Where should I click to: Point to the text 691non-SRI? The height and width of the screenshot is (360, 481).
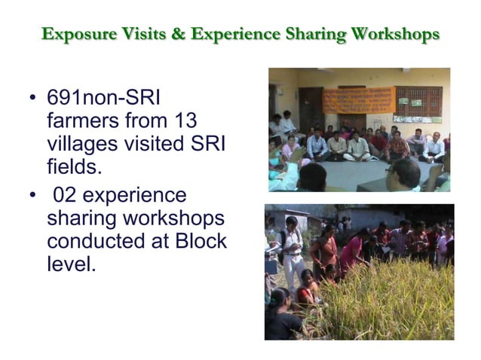click(104, 99)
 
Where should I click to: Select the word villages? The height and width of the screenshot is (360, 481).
click(79, 141)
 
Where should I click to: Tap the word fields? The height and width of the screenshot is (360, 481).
click(72, 162)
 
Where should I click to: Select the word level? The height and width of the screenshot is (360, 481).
click(71, 264)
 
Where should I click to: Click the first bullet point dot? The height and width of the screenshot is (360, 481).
click(31, 99)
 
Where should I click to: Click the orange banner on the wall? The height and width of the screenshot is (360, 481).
click(358, 99)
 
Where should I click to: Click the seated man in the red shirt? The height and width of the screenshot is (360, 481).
click(397, 145)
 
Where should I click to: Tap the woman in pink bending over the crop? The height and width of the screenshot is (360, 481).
click(353, 252)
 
